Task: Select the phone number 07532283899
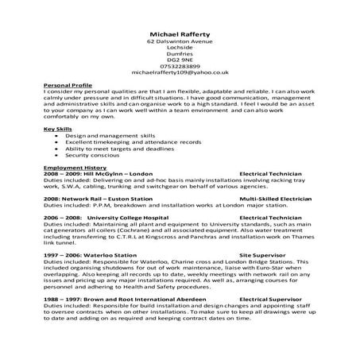pyautogui.click(x=180, y=66)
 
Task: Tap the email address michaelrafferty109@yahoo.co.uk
pyautogui.click(x=180, y=72)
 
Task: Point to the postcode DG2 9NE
pyautogui.click(x=180, y=60)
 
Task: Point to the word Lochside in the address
pyautogui.click(x=180, y=48)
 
